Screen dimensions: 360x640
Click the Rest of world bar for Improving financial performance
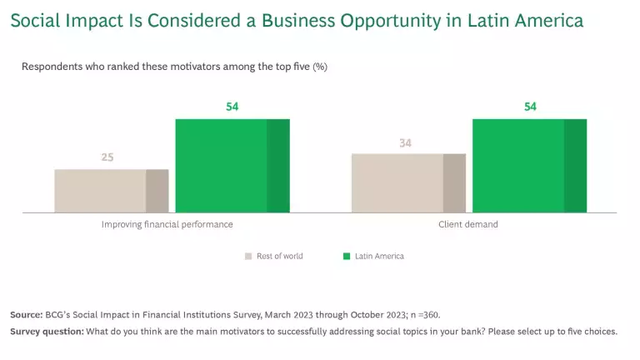[112, 190]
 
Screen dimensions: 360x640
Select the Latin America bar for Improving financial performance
[232, 165]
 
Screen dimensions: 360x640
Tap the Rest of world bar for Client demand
[408, 182]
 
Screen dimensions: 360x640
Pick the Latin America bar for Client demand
[530, 165]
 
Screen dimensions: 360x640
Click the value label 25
[107, 156]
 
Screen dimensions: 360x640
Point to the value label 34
[405, 142]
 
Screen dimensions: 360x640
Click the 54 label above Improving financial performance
[232, 106]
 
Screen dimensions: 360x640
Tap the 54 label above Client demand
[530, 106]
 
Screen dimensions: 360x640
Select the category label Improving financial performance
[167, 224]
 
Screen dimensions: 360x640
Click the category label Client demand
[468, 224]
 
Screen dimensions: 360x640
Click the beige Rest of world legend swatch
[248, 256]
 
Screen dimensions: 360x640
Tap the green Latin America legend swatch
[347, 256]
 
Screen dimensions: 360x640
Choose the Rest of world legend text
[280, 256]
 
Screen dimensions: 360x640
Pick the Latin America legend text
[379, 256]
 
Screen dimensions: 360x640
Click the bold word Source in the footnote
[26, 314]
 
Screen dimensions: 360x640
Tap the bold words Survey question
[47, 331]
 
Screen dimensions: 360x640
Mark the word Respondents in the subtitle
[49, 67]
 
